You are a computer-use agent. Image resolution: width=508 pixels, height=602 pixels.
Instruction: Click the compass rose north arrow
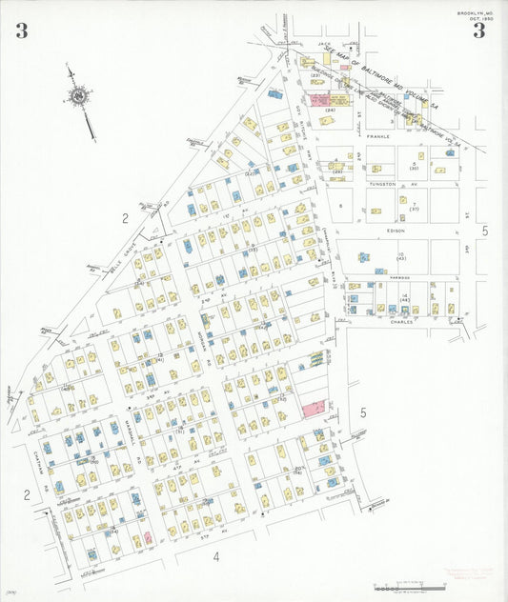[78, 95]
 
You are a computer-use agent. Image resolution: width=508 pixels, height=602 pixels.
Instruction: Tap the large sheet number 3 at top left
[21, 31]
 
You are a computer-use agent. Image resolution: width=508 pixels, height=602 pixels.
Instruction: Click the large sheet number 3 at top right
[479, 30]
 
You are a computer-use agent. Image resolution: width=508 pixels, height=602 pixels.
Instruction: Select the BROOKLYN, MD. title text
[473, 12]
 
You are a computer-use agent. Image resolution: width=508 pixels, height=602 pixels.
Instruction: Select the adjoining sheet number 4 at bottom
[216, 557]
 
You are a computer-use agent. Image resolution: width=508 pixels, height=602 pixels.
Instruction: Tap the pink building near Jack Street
[319, 98]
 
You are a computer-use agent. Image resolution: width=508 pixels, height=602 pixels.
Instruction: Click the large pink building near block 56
[314, 409]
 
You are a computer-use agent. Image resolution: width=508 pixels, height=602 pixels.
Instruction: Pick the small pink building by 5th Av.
[148, 537]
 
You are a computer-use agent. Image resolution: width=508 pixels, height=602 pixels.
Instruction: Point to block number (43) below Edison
[401, 258]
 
